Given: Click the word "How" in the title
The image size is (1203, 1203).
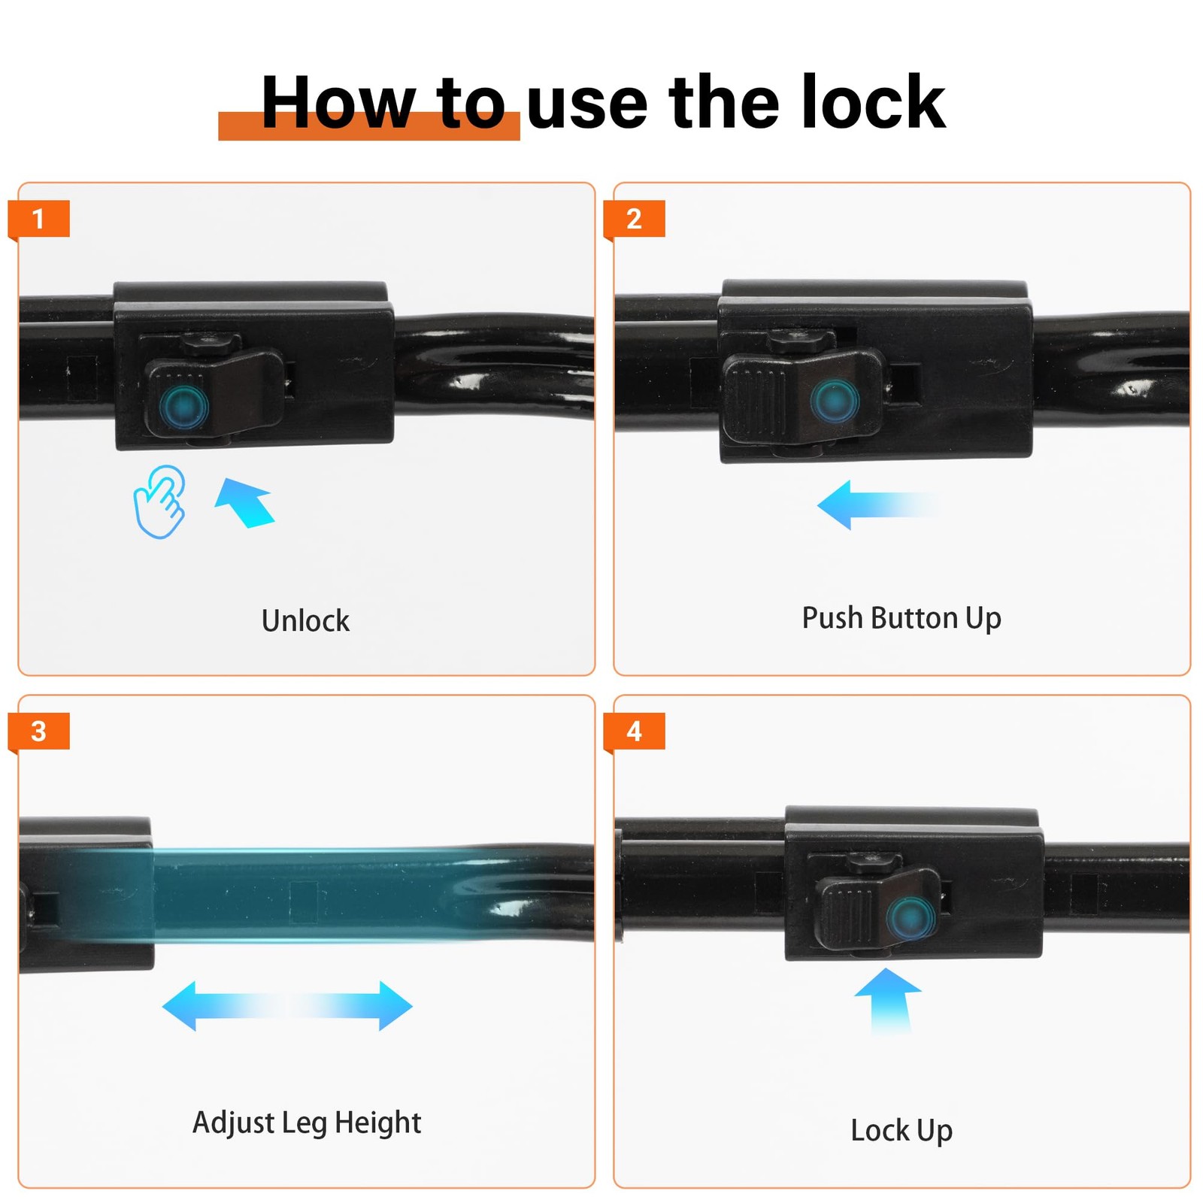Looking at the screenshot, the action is click(x=338, y=102).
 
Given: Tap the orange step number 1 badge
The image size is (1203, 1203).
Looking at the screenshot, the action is click(x=38, y=219).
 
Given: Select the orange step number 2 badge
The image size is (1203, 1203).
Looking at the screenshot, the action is click(x=634, y=219).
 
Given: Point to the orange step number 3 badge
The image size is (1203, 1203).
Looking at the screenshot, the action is click(x=38, y=731).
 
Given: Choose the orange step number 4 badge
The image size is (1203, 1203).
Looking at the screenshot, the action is click(x=634, y=731).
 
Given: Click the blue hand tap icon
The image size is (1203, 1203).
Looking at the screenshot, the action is click(x=159, y=502).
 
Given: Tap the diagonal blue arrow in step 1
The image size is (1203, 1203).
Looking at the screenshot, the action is click(x=245, y=503).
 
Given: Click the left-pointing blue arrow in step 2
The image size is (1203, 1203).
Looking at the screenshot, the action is click(x=877, y=505).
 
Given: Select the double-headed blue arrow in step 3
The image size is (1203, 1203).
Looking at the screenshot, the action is click(x=287, y=1005).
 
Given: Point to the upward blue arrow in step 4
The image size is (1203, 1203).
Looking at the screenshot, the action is click(x=889, y=1000).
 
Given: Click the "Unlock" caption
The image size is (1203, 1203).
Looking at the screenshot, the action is click(x=305, y=620).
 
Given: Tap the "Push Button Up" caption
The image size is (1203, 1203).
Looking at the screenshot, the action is click(x=901, y=618).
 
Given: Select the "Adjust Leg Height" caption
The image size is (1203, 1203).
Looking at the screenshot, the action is click(x=307, y=1123).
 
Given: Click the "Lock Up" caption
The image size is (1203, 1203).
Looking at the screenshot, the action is click(x=901, y=1130).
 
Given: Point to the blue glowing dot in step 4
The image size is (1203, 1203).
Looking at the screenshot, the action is click(x=911, y=918).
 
